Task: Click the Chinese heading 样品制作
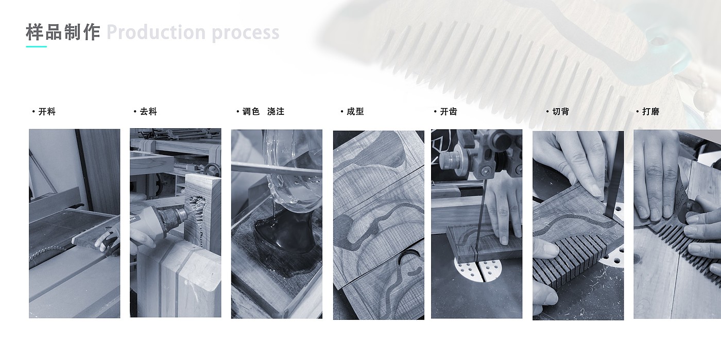click(x=63, y=32)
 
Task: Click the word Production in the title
click(x=156, y=32)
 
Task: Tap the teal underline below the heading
click(x=37, y=47)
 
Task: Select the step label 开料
click(x=47, y=112)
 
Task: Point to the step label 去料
click(x=148, y=112)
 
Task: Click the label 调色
click(x=251, y=112)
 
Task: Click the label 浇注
click(x=276, y=112)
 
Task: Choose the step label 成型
click(x=355, y=112)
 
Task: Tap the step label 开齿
click(x=449, y=112)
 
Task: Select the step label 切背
click(x=561, y=112)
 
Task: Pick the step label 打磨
click(x=651, y=112)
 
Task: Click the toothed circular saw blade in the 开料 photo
click(x=48, y=252)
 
